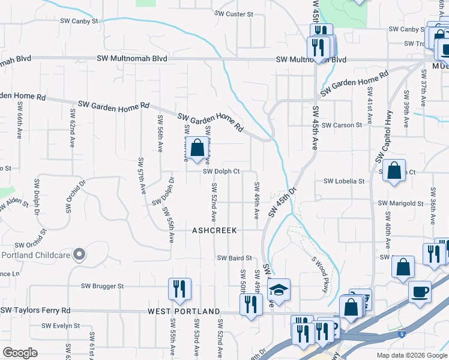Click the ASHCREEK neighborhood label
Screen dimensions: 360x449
tap(214, 230)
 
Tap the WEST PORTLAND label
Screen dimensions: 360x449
tap(184, 312)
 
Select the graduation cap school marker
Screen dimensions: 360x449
tap(279, 290)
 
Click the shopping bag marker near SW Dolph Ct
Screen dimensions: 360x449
tap(197, 148)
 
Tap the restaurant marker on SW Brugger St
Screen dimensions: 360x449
tap(179, 290)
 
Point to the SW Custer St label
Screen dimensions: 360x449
tap(234, 13)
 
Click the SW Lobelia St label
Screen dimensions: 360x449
tap(344, 181)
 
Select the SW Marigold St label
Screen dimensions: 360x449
tap(400, 204)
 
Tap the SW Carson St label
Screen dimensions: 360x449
tap(342, 125)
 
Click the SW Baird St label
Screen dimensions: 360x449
tap(234, 258)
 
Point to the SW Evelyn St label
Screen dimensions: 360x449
tap(61, 326)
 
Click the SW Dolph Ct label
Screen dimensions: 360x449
tap(221, 171)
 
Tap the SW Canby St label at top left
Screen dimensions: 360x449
tap(79, 21)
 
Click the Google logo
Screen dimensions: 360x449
tap(20, 353)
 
